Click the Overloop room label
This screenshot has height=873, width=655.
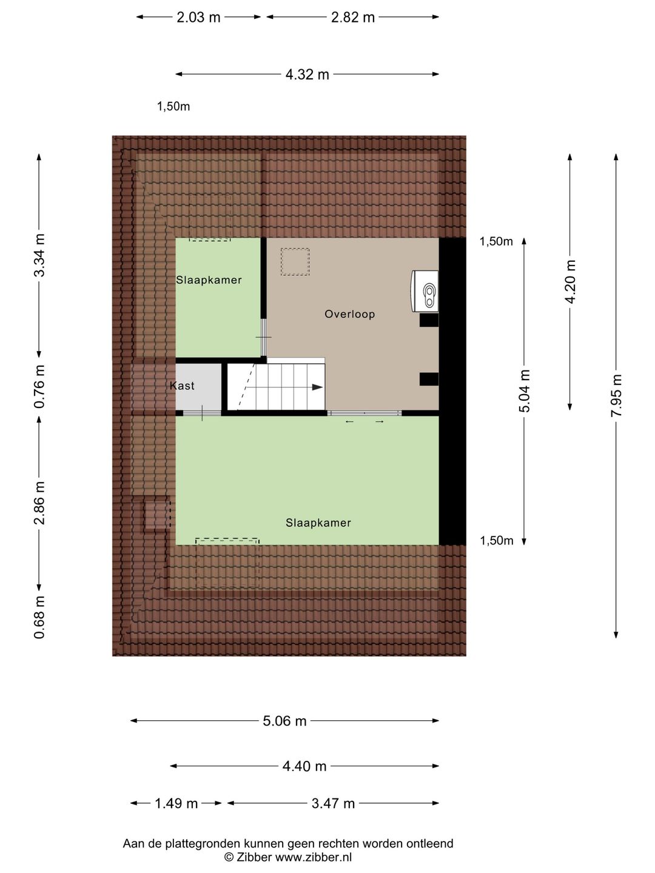pos(349,314)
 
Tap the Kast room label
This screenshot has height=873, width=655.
pos(182,386)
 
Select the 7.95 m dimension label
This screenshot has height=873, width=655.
pos(616,395)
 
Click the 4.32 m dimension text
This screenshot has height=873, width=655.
pos(307,75)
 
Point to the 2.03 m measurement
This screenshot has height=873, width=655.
pos(198,18)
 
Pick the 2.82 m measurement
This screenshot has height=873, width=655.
pos(353,18)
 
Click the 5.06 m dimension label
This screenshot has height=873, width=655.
pos(284,721)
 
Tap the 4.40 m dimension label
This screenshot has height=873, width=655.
pos(304,766)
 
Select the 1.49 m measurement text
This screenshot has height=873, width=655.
pos(176,803)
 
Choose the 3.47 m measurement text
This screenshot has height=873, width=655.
pos(333,803)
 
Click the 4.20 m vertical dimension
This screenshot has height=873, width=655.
pos(570,282)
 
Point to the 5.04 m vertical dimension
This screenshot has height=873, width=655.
pos(525,391)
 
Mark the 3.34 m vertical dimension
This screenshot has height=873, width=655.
pos(39,255)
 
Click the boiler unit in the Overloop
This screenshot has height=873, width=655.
pos(425,291)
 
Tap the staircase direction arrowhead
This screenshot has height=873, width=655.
pos(317,387)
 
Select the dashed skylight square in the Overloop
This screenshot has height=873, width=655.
pos(295,262)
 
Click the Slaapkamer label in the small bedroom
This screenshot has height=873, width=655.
pos(209,280)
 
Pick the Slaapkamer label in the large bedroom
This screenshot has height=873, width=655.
pos(318,523)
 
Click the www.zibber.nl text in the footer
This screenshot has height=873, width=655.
pos(314,857)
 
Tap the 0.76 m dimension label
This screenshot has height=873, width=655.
pos(39,386)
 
